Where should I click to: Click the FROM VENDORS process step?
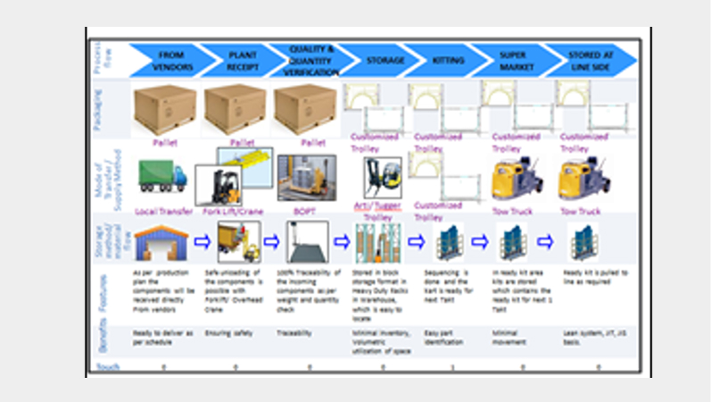pyautogui.click(x=171, y=60)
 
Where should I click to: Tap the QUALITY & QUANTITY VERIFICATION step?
pyautogui.click(x=310, y=59)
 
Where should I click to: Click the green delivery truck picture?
pyautogui.click(x=162, y=175)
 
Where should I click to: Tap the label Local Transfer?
pyautogui.click(x=162, y=212)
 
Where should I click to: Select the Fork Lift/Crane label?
pyautogui.click(x=235, y=212)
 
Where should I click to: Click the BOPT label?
pyautogui.click(x=306, y=212)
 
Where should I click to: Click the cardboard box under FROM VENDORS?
pyautogui.click(x=164, y=109)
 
